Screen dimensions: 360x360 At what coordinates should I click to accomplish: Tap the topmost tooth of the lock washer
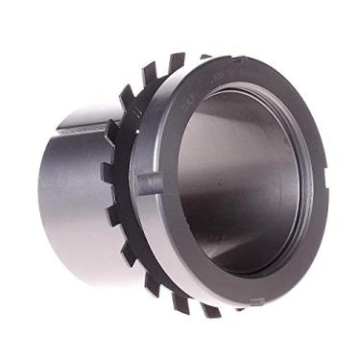(176, 63)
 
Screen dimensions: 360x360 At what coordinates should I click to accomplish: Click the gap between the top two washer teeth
(163, 69)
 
